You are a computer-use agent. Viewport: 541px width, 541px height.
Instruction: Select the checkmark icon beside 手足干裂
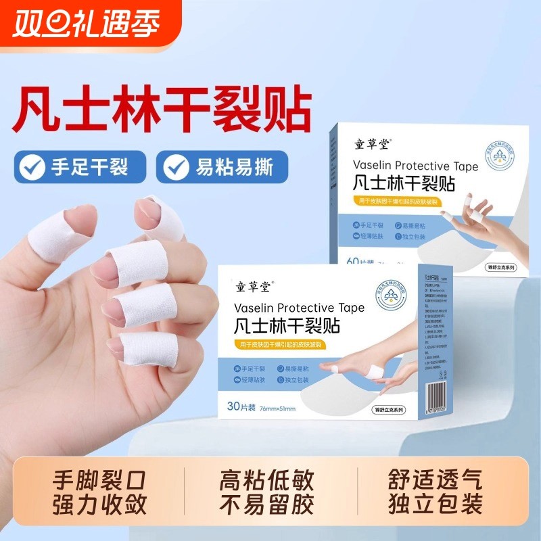pos(32,166)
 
